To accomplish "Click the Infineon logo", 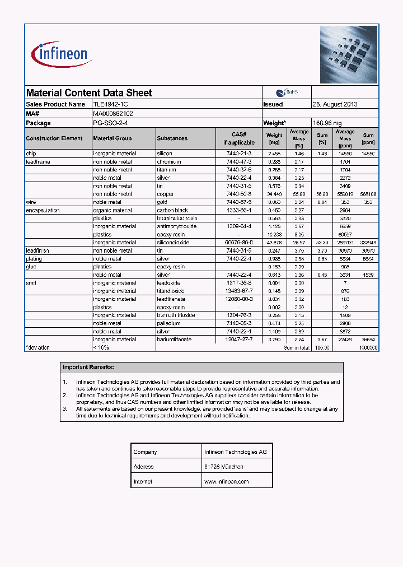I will coord(62,54).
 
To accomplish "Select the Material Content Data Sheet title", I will coord(89,93).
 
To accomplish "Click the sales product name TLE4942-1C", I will coord(114,104).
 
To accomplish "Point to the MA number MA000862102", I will coord(113,113).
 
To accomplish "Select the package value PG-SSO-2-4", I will coord(110,123).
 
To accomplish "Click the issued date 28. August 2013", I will coord(335,104).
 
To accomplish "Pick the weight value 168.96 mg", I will coord(327,123).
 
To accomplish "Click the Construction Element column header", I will coord(54,138).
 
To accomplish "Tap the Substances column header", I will coord(172,138).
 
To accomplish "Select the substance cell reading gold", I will coord(162,202).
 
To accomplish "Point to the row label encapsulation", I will coord(43,210).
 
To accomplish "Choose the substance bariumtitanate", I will coord(174,340).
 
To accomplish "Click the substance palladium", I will coord(168,323).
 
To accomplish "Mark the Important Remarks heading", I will coord(88,368).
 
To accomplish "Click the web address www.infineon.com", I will coord(226,481).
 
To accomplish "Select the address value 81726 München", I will coord(224,467).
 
